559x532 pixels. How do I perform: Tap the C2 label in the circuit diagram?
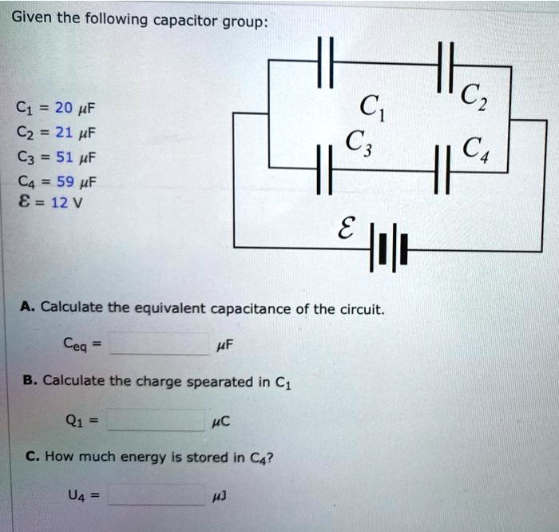coord(472,98)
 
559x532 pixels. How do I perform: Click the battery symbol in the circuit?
coord(389,249)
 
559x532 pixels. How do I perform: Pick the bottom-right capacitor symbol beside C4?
coord(442,170)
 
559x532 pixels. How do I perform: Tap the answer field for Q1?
coord(157,419)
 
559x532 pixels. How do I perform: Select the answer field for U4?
coord(157,497)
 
